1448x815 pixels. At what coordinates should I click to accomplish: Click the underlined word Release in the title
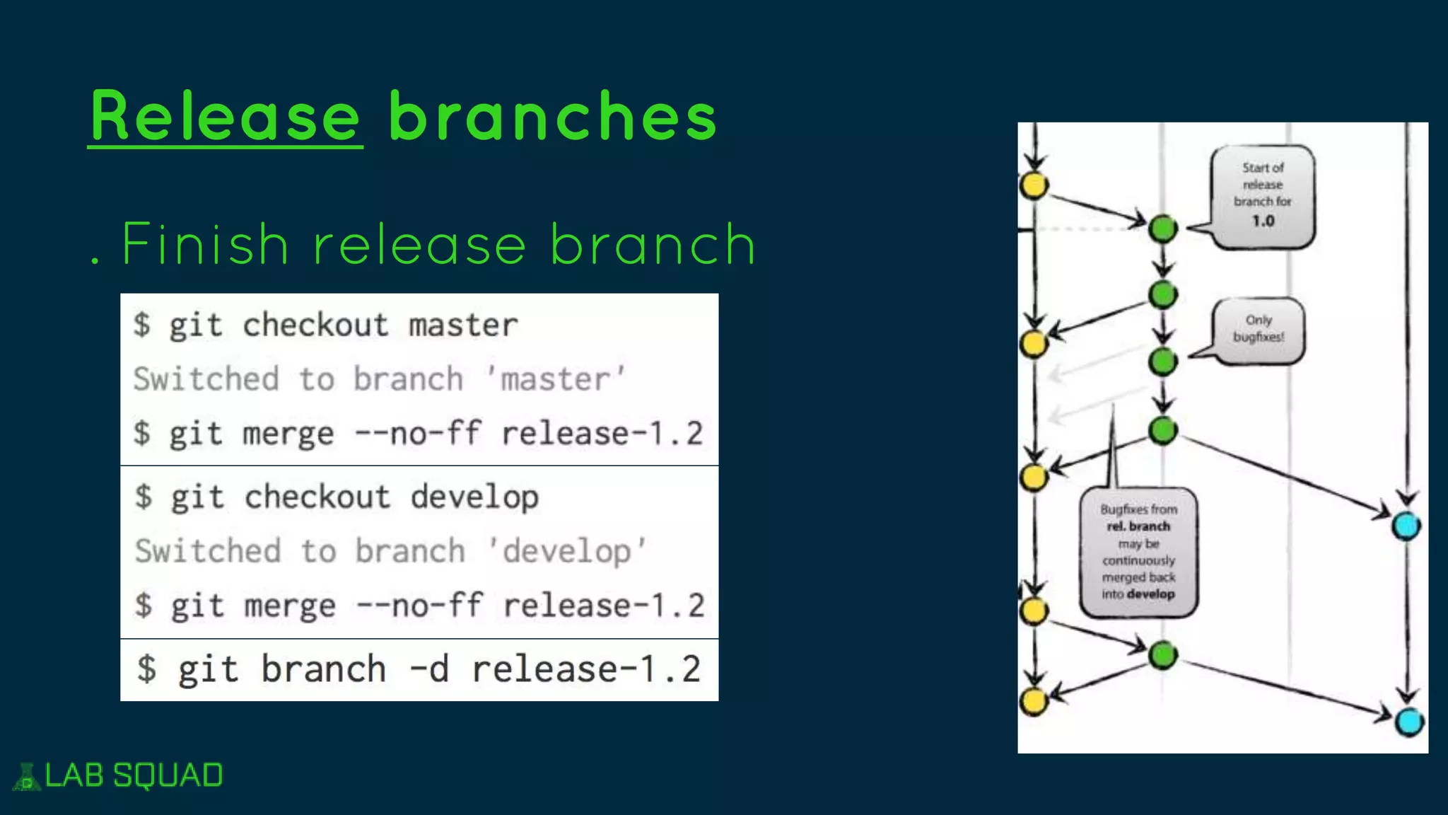225,117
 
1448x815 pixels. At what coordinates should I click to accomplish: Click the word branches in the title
553,117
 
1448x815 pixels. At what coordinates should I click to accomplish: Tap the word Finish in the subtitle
205,244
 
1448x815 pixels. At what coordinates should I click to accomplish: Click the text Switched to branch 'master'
380,379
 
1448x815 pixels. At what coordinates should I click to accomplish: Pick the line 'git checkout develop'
337,497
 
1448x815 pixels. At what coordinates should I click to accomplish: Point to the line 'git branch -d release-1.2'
419,669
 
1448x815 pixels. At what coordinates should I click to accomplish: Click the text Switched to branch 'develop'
390,551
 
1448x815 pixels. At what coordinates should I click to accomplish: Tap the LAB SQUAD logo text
134,775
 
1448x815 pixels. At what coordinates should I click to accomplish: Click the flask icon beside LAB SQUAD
27,777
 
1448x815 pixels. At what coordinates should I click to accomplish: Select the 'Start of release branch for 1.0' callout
1263,197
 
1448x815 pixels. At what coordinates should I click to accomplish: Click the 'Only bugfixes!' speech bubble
1259,330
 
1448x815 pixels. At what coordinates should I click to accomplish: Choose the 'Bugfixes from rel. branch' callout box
1138,552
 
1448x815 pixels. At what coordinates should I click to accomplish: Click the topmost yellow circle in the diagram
1034,185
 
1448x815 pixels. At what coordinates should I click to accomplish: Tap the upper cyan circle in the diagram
1406,526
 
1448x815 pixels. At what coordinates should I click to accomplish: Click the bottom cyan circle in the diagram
1408,722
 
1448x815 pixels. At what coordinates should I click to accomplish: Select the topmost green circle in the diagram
1162,229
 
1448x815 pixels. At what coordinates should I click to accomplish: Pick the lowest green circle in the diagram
1162,655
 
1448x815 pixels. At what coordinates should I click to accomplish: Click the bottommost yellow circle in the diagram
1034,701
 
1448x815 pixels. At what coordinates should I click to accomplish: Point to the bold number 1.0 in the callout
1263,221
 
